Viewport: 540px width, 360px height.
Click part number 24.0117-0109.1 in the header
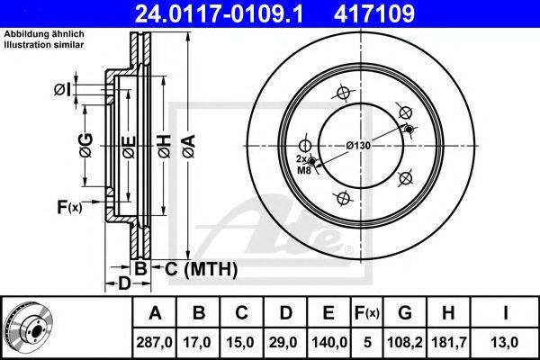tap(219, 13)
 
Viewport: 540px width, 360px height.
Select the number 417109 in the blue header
tap(374, 13)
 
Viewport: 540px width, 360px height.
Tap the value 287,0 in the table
tap(154, 342)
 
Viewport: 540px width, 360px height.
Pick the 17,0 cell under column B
tap(197, 342)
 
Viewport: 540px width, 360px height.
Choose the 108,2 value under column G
tap(405, 342)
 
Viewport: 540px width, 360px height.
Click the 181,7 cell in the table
tap(449, 342)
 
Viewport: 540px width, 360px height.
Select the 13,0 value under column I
tap(505, 342)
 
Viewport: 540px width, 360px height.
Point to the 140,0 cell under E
tap(328, 342)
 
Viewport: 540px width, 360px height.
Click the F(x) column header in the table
tap(367, 313)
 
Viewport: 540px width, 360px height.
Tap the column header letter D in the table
tap(286, 313)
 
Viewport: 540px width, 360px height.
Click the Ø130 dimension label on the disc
tap(358, 146)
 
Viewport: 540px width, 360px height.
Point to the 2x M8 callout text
tap(303, 165)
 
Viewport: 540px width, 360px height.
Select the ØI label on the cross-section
tap(63, 90)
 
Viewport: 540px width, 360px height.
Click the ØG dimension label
tap(86, 146)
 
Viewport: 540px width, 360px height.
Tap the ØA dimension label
tap(189, 146)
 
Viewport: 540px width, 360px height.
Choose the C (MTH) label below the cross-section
tap(201, 269)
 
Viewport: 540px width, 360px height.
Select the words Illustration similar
tap(44, 45)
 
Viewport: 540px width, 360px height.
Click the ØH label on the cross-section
tap(165, 146)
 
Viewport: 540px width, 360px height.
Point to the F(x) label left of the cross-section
tap(69, 208)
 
